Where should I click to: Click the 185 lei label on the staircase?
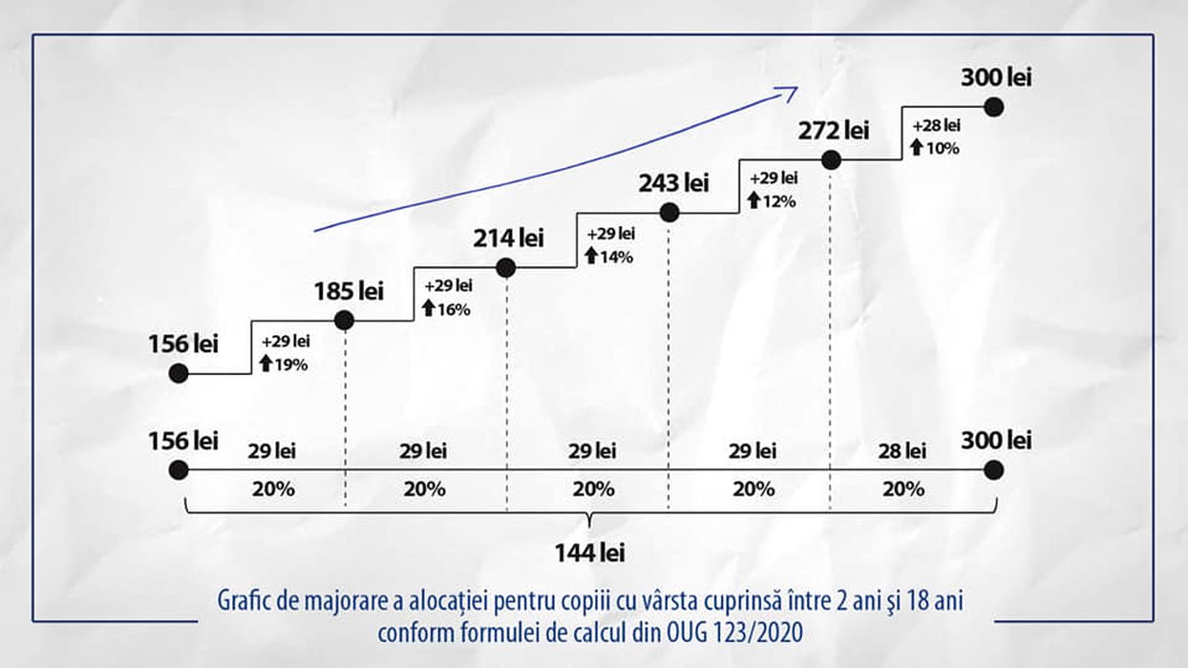click(x=349, y=291)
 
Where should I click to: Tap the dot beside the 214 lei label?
click(x=506, y=269)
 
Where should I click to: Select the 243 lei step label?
click(x=674, y=182)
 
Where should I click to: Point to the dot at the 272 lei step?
click(x=831, y=160)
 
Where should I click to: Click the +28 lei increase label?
click(x=936, y=126)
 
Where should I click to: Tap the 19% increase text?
click(x=291, y=364)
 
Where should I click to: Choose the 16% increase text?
click(x=454, y=309)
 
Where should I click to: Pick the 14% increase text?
click(x=616, y=256)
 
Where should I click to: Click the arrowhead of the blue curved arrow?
click(x=789, y=92)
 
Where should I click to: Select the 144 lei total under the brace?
click(x=590, y=553)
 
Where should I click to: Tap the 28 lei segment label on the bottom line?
click(x=902, y=450)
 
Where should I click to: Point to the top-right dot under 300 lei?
click(x=993, y=107)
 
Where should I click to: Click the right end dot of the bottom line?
click(x=993, y=470)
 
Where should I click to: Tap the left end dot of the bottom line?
click(x=178, y=470)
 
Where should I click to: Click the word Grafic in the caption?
click(x=245, y=603)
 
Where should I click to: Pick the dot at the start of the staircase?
click(x=178, y=374)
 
